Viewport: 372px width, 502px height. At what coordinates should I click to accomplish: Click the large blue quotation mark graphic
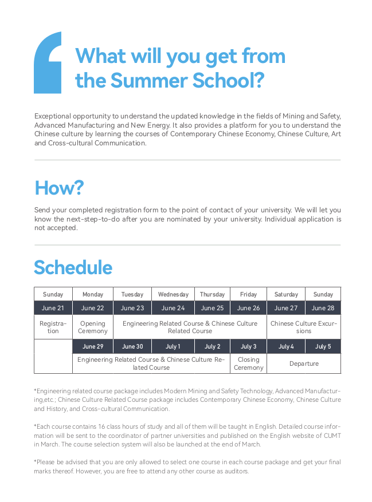pyautogui.click(x=48, y=63)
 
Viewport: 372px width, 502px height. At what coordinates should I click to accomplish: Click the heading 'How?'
pyautogui.click(x=59, y=188)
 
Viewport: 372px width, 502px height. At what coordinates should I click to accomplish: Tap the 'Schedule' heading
pyautogui.click(x=73, y=267)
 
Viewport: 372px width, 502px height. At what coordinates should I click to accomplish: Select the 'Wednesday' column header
pyautogui.click(x=173, y=294)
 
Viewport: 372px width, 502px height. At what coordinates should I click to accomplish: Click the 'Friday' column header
pyautogui.click(x=248, y=294)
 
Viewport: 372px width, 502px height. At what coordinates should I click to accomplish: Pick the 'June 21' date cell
pyautogui.click(x=53, y=308)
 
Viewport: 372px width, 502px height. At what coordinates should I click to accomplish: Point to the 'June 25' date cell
pyautogui.click(x=212, y=308)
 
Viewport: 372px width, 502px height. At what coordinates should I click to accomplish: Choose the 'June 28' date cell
pyautogui.click(x=323, y=308)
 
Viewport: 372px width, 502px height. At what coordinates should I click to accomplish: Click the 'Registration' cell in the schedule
pyautogui.click(x=53, y=327)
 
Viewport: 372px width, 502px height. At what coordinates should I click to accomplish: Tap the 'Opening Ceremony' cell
pyautogui.click(x=92, y=327)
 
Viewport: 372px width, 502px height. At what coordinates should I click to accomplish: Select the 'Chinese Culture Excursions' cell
pyautogui.click(x=304, y=327)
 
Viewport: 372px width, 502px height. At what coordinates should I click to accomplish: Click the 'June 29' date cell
pyautogui.click(x=92, y=346)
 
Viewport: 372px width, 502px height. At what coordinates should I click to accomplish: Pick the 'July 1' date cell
pyautogui.click(x=173, y=346)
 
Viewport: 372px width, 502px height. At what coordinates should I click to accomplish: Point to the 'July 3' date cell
pyautogui.click(x=248, y=346)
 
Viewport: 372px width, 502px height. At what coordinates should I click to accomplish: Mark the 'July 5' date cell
pyautogui.click(x=323, y=346)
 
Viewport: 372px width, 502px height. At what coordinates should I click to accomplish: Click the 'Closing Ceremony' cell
pyautogui.click(x=248, y=363)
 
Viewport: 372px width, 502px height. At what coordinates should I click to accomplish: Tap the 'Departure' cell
pyautogui.click(x=304, y=363)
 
